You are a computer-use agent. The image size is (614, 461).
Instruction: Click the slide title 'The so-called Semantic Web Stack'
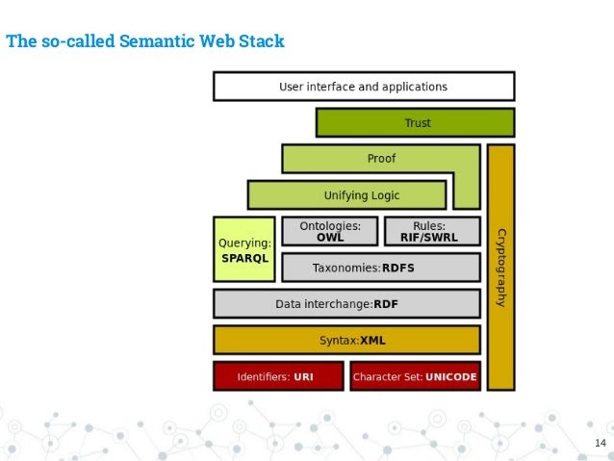pos(145,42)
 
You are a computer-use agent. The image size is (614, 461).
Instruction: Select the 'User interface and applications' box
pos(363,87)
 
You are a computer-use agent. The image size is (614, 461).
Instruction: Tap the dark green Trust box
pos(415,123)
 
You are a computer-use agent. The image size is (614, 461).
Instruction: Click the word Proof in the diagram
pos(381,158)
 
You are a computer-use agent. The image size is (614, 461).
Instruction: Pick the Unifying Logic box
pos(346,195)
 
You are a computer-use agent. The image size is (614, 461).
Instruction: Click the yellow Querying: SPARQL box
pos(244,248)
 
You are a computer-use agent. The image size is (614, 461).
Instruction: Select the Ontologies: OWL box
pos(330,231)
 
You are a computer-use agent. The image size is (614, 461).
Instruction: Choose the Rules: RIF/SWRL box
pos(432,231)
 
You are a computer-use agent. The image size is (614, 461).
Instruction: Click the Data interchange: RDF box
pos(346,304)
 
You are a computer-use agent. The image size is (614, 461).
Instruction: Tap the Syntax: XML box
pos(346,340)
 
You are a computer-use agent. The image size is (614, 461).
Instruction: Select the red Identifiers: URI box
pos(277,376)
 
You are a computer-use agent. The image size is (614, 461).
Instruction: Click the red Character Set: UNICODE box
pos(415,376)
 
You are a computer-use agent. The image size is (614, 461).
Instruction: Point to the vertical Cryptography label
pos(500,268)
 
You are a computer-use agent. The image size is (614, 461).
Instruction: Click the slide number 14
pos(601,443)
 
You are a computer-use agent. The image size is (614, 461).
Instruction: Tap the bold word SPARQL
pos(244,258)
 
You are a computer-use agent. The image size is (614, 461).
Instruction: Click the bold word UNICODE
pos(451,376)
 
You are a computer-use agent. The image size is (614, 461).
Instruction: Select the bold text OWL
pos(330,237)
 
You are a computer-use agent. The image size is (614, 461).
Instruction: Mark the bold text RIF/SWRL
pos(432,237)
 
